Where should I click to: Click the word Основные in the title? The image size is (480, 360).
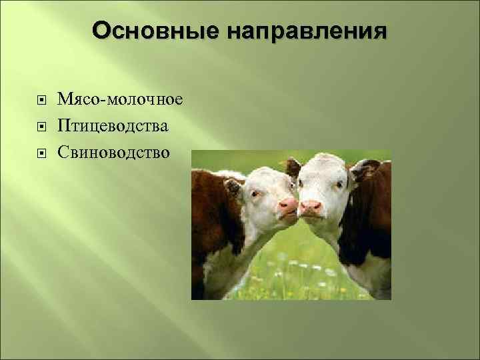(157, 31)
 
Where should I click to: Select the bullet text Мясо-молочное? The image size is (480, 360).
(120, 99)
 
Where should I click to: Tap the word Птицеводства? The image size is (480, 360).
(113, 126)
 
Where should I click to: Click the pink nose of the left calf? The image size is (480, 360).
(287, 205)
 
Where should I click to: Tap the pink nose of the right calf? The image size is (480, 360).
(310, 207)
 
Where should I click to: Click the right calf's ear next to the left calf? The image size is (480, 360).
(293, 166)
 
